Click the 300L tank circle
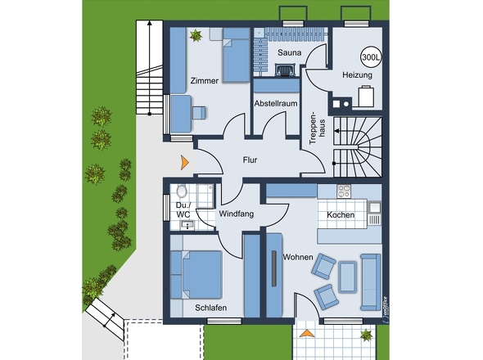point(371,56)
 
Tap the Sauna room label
point(289,52)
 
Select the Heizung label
point(357,74)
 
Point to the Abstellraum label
point(276,103)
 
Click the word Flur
point(250,160)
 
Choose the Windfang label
point(237,214)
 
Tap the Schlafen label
point(211,308)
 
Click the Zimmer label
point(204,81)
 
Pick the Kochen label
point(341,214)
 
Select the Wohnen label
point(298,257)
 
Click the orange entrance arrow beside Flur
point(185,163)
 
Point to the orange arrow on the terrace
point(306,333)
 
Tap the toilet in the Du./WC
point(182,191)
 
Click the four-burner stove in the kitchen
point(344,191)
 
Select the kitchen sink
point(375,208)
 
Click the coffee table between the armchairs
point(348,277)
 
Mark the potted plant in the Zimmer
point(196,35)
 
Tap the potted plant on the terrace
point(366,335)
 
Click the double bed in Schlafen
point(196,275)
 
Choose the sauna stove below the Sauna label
point(285,70)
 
